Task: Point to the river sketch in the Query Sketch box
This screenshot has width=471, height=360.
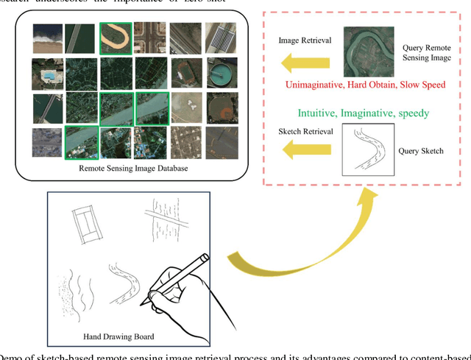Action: click(x=366, y=152)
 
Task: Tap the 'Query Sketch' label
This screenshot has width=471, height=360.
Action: click(x=422, y=151)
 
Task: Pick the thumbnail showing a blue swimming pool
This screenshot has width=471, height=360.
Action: click(x=46, y=74)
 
